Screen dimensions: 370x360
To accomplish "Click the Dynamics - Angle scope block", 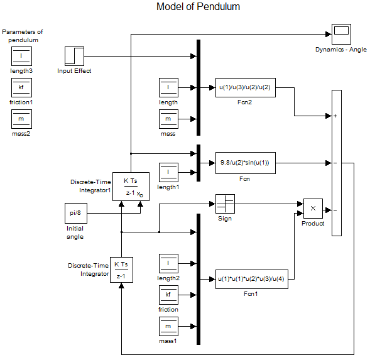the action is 341,34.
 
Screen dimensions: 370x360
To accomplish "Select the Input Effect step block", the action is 74,56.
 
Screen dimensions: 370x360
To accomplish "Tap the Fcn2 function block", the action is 246,87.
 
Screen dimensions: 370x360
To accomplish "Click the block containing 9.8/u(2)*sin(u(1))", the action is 246,163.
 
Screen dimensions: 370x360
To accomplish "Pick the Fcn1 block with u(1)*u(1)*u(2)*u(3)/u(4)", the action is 252,279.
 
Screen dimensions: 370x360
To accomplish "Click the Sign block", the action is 225,204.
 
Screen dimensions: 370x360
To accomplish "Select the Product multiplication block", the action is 313,209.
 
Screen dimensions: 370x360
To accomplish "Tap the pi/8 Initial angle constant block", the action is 76,213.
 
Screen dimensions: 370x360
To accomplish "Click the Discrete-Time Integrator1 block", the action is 131,187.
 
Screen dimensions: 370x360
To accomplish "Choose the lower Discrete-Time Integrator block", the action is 121,270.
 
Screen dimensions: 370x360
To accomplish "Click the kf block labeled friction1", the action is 22,87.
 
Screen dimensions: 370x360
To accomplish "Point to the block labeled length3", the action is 22,56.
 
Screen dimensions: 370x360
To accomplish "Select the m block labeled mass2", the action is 22,119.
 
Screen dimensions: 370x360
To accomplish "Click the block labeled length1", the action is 168,172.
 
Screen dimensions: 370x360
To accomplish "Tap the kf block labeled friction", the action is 168,295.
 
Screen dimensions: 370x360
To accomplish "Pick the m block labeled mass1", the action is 168,326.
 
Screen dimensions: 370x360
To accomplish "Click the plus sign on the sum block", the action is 335,116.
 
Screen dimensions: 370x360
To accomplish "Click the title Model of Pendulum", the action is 199,7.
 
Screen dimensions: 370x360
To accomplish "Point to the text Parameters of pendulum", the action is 23,36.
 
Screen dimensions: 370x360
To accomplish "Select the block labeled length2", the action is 168,263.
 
